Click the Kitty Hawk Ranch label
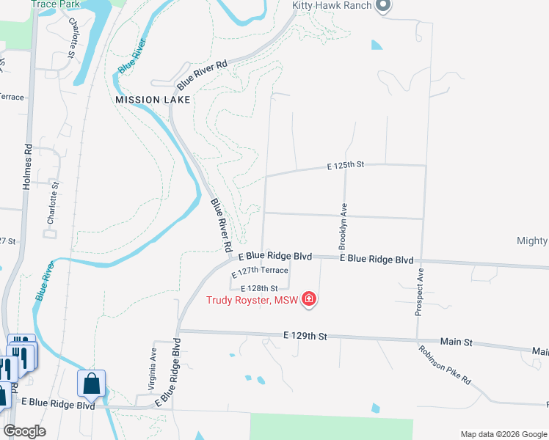click(x=332, y=5)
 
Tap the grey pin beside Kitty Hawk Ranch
click(x=382, y=6)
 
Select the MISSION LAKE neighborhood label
click(x=153, y=99)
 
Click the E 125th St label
click(x=346, y=166)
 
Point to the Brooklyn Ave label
click(x=343, y=224)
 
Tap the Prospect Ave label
click(x=420, y=292)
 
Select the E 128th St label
click(x=260, y=288)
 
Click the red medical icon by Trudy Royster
click(x=309, y=299)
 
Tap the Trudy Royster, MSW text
click(x=250, y=300)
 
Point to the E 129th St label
click(x=304, y=336)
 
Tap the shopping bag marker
click(x=92, y=383)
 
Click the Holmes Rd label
click(x=28, y=166)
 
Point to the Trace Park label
click(x=54, y=4)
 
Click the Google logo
click(x=24, y=431)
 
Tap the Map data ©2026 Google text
click(x=503, y=434)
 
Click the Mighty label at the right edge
click(x=532, y=241)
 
